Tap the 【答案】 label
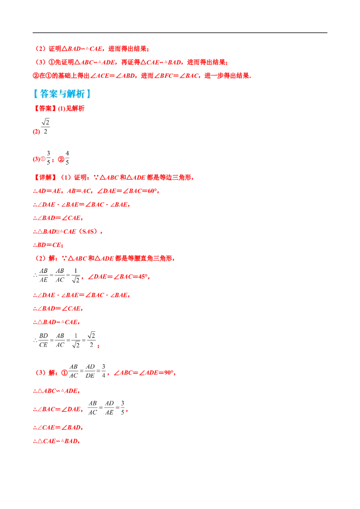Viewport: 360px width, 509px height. click(45, 108)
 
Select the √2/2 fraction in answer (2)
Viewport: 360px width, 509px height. click(45, 126)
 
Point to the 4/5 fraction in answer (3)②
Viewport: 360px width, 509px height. click(67, 157)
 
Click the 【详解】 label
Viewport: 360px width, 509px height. click(45, 177)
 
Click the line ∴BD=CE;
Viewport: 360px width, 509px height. click(48, 245)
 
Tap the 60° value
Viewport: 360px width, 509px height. click(153, 191)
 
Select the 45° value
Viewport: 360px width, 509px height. click(143, 277)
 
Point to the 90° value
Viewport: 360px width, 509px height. click(169, 373)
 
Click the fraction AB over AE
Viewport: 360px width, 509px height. click(44, 275)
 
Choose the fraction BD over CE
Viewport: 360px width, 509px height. click(44, 340)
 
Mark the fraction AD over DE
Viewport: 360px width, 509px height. click(90, 371)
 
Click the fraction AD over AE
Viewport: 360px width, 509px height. click(109, 408)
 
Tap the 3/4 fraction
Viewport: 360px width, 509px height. click(103, 371)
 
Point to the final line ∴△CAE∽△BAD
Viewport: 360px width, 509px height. click(56, 441)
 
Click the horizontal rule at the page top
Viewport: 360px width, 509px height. click(180, 33)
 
